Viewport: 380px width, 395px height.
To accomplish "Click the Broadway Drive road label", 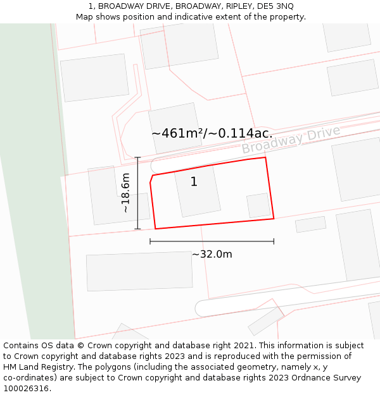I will pyautogui.click(x=291, y=140).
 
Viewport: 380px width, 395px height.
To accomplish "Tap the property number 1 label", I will pyautogui.click(x=194, y=182).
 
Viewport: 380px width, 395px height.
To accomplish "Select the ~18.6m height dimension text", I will pyautogui.click(x=125, y=192).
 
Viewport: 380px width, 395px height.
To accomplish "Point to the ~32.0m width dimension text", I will pyautogui.click(x=212, y=254).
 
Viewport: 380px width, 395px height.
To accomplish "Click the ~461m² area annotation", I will pyautogui.click(x=212, y=133).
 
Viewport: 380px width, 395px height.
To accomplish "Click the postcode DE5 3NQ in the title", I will pyautogui.click(x=275, y=6).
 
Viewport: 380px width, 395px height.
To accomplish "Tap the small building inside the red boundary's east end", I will pyautogui.click(x=258, y=205).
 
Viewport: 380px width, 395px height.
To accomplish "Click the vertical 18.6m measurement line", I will pyautogui.click(x=137, y=193).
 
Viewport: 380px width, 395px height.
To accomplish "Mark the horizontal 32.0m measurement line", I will pyautogui.click(x=212, y=241).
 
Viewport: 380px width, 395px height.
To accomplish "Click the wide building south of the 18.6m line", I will pyautogui.click(x=139, y=270).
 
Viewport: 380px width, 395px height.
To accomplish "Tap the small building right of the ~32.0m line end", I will pyautogui.click(x=310, y=224).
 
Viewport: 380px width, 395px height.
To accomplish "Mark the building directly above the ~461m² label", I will pyautogui.click(x=174, y=120).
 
